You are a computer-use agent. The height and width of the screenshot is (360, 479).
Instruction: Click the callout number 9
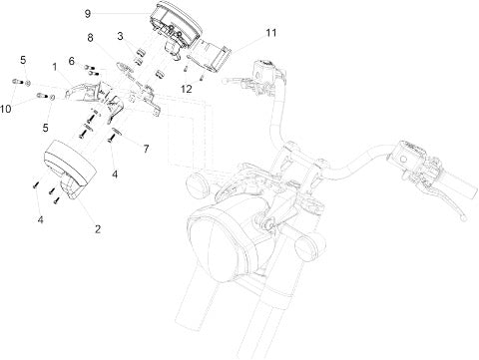click(x=87, y=14)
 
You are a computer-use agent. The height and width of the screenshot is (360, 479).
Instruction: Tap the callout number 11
click(x=271, y=33)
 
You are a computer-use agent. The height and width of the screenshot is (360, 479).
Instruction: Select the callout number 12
click(x=187, y=89)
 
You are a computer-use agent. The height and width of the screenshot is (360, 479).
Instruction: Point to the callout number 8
click(x=90, y=38)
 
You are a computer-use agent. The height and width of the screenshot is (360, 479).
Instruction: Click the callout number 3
click(x=120, y=36)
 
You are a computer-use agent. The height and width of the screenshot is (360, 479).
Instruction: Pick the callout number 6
click(x=72, y=61)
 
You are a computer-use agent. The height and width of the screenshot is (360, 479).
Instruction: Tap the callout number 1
click(x=55, y=67)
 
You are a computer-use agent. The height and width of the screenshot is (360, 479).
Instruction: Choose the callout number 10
click(x=6, y=109)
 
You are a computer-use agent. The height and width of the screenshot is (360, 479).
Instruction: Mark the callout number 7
click(x=146, y=149)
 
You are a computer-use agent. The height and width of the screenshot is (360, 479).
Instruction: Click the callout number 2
click(x=98, y=229)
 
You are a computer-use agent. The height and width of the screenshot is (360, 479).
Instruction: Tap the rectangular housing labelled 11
click(x=211, y=55)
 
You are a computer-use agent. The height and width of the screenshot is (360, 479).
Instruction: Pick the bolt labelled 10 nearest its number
click(x=42, y=97)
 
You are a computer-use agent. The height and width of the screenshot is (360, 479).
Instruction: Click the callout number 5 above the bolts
click(x=23, y=60)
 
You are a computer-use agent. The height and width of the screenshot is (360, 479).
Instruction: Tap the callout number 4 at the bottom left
click(x=40, y=219)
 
